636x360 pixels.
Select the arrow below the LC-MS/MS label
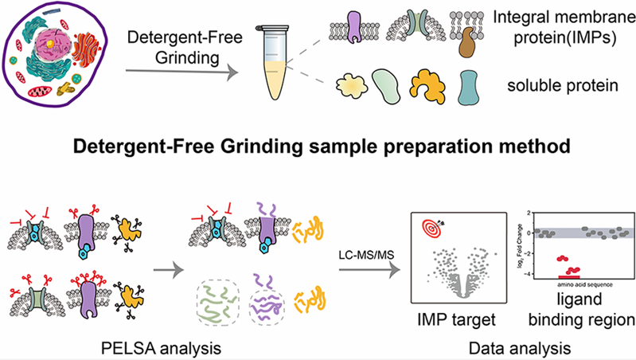[365, 268]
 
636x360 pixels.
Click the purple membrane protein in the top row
[350, 29]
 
